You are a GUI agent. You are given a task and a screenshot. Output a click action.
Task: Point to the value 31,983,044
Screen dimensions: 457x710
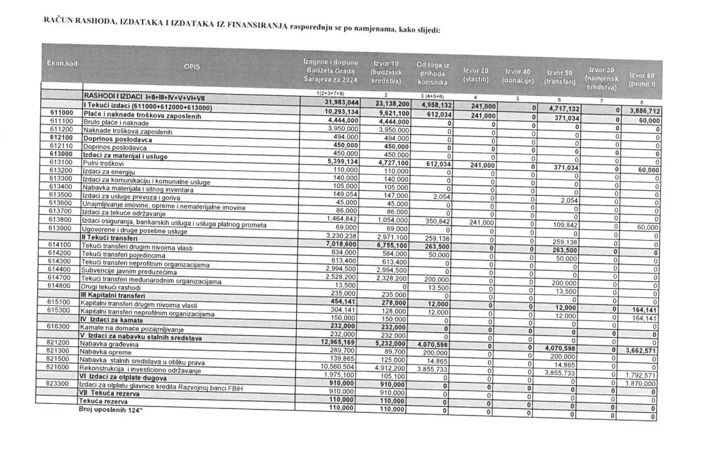coord(342,103)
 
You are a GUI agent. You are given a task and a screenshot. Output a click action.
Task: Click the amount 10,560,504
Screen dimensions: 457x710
coord(342,367)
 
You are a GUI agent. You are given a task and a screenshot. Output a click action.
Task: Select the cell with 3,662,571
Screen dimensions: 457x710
coord(640,351)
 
